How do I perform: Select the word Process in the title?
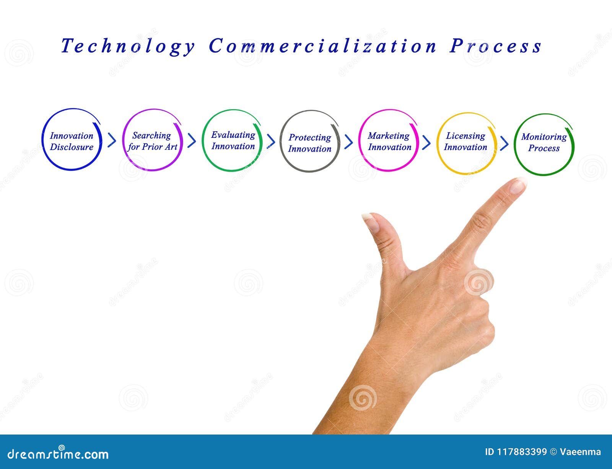coord(496,46)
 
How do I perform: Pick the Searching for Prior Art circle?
coord(152,141)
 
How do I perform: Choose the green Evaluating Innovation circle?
coord(233,141)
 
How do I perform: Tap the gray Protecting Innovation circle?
coord(310,142)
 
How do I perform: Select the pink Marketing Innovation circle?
coord(389,141)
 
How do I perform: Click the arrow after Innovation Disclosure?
coord(112,141)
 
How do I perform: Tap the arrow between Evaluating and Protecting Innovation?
coord(271,141)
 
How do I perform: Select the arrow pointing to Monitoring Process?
coord(505,144)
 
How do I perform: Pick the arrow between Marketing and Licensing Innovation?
coord(426,143)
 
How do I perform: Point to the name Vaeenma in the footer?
coord(580,452)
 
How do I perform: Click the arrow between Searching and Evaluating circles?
coord(192,141)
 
